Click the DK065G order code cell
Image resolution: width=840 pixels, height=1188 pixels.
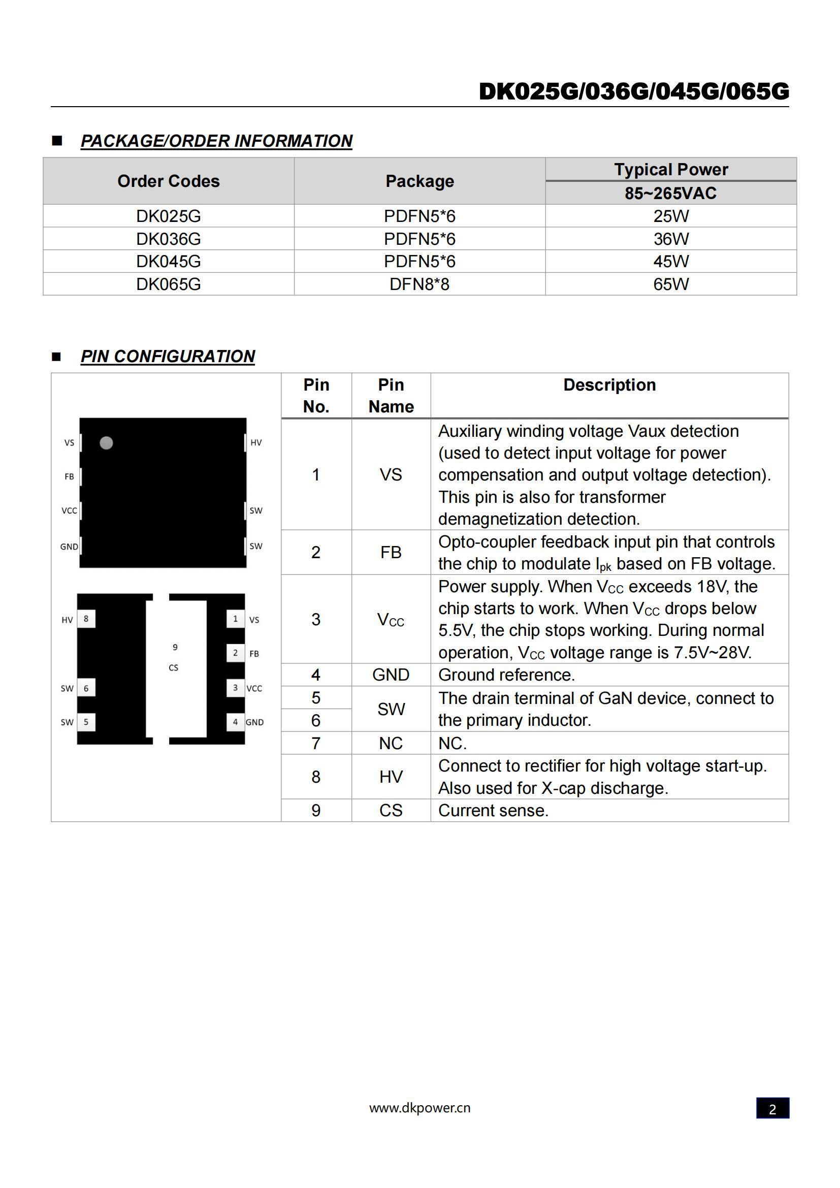(x=168, y=284)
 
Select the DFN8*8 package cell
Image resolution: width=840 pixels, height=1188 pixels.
(x=419, y=284)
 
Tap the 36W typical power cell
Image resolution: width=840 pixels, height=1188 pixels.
(x=670, y=239)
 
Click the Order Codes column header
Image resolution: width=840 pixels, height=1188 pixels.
(x=168, y=181)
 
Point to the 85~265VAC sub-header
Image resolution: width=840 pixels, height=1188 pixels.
(x=670, y=194)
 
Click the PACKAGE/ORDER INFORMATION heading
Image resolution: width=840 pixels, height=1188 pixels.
(x=216, y=141)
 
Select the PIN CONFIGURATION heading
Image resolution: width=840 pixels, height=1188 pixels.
(x=168, y=357)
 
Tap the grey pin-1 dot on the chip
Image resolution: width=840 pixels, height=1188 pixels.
(x=106, y=443)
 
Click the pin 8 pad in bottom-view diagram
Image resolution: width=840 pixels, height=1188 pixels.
(x=86, y=619)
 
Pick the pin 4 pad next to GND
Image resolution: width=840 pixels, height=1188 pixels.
(x=235, y=722)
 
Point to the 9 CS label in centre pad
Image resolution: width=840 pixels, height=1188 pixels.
(x=174, y=657)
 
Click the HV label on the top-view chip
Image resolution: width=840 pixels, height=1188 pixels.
(x=256, y=442)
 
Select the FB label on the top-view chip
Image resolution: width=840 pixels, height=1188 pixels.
(x=69, y=476)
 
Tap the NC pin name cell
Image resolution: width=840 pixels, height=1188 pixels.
(x=391, y=743)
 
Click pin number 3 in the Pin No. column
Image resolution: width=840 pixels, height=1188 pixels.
(x=315, y=619)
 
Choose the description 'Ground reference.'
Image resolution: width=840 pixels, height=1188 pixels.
(x=506, y=675)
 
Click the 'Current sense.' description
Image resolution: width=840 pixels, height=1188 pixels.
(x=493, y=810)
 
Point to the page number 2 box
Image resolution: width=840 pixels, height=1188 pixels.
(x=772, y=1108)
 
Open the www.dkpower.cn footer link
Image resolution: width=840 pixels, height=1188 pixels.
(x=419, y=1108)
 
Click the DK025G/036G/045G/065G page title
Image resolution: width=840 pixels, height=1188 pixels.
(x=634, y=91)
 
